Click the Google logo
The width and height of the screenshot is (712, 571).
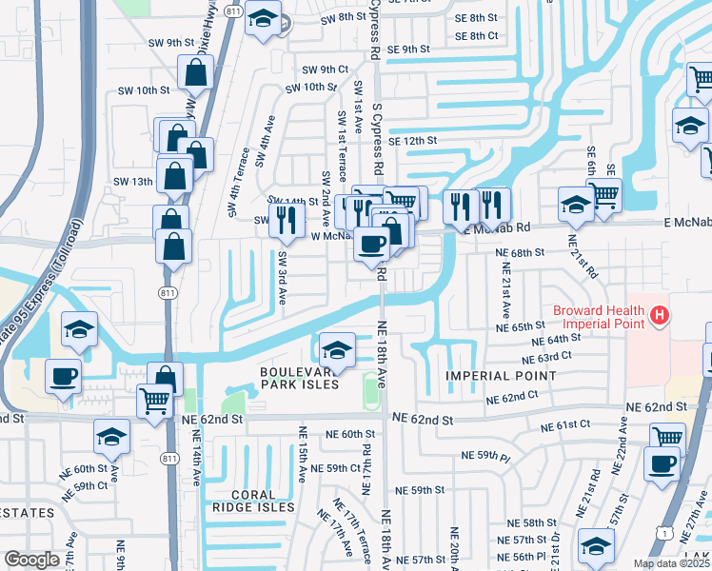[31, 561]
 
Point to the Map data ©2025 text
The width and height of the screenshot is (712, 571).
[670, 563]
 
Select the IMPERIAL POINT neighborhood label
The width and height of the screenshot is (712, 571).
[501, 377]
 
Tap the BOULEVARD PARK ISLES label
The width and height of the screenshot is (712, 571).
[300, 377]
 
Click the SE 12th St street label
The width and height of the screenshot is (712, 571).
[411, 140]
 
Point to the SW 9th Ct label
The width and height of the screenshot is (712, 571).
[326, 69]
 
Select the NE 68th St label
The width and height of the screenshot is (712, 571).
[520, 252]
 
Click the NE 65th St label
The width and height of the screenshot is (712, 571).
[520, 326]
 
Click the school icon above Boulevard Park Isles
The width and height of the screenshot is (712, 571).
[337, 348]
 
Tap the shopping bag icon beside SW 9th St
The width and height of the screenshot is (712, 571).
[196, 71]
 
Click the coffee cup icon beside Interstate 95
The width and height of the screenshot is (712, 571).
[64, 375]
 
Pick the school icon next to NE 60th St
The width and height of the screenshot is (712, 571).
[111, 437]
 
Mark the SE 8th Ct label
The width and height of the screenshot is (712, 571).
[477, 36]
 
